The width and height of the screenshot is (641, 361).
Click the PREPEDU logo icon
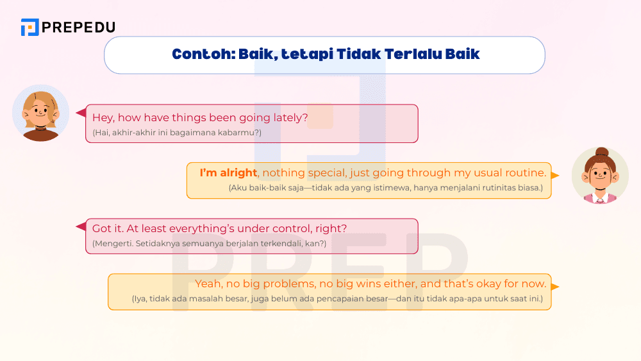pos(30,27)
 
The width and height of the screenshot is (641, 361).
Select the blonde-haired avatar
pos(40,113)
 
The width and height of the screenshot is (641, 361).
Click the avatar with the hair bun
pos(600,176)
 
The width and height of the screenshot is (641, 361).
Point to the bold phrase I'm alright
pos(229,173)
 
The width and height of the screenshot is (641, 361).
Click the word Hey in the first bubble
pos(103,118)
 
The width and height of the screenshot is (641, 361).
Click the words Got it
pos(108,228)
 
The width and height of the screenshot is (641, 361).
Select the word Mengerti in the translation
pos(112,244)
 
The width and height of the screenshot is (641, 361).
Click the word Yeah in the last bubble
pos(209,283)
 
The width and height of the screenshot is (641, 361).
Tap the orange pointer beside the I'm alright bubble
pos(555,176)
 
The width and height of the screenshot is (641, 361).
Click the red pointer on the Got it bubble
pos(81,226)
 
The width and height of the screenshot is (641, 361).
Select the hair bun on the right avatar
pos(601,152)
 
